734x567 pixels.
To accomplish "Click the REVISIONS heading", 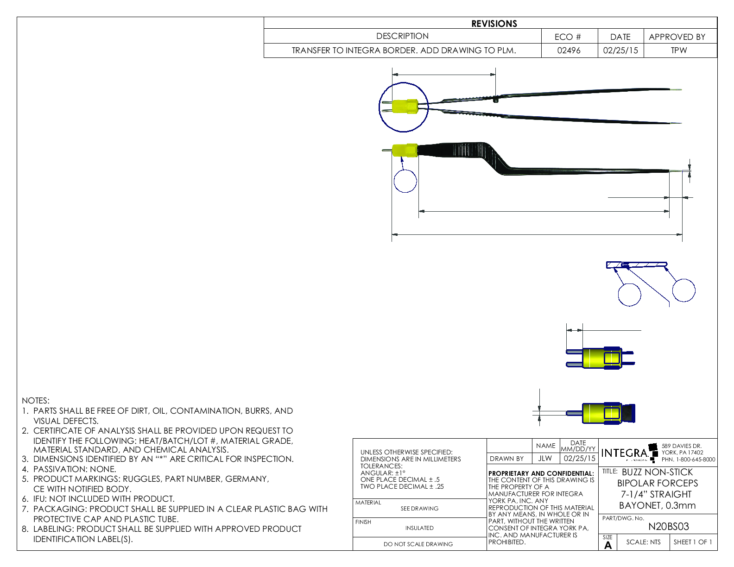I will click(x=494, y=24).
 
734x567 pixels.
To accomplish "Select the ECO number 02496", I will click(x=569, y=50).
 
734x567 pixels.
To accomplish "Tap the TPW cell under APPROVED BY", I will click(x=679, y=50).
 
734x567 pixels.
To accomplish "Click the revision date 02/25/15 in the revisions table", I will click(x=620, y=50).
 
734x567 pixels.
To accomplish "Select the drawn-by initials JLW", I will click(x=545, y=458).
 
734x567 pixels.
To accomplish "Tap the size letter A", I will click(x=607, y=545).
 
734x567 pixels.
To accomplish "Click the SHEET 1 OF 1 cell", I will click(x=693, y=542).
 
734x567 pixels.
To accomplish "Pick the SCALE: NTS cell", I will click(x=643, y=542).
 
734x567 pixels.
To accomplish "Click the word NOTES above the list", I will click(x=35, y=401).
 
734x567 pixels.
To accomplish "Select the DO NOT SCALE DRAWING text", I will click(x=418, y=544).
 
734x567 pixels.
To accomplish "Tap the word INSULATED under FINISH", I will click(x=419, y=528).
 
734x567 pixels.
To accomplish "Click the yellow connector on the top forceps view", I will click(x=405, y=106).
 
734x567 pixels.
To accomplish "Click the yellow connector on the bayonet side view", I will click(x=405, y=151).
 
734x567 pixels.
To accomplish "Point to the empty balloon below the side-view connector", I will click(x=405, y=181).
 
